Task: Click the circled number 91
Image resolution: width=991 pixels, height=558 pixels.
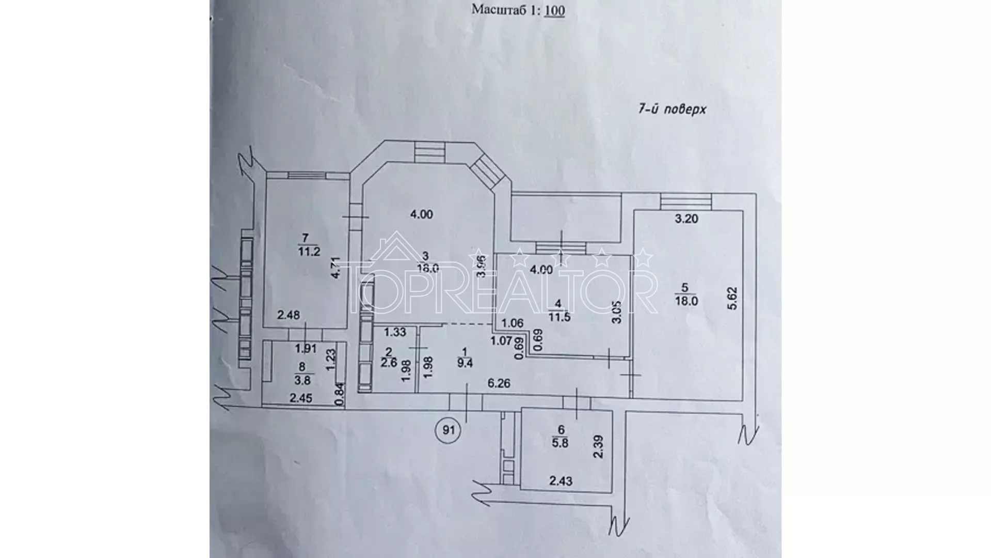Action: coord(448,429)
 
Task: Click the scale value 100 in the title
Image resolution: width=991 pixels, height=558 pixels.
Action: coord(554,10)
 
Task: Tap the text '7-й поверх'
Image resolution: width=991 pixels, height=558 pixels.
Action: coord(672,110)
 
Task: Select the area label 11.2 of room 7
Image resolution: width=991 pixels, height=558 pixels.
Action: coord(309,252)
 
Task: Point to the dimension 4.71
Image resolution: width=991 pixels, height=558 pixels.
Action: coord(336,268)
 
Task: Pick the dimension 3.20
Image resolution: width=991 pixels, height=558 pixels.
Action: coord(686,219)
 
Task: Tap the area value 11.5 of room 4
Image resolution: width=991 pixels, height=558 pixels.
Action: coord(560,317)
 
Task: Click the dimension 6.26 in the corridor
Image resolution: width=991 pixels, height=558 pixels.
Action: coord(499,383)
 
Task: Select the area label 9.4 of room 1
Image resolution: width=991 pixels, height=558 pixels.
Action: coord(465,363)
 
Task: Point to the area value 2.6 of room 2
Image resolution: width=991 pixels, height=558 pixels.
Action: coord(389,363)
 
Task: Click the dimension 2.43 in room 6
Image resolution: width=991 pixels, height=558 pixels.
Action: coord(561,481)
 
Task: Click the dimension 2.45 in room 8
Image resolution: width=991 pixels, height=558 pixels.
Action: coord(301,398)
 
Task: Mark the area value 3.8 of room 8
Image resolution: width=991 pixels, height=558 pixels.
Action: coord(303,380)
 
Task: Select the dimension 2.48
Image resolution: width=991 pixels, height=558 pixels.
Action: coord(289,315)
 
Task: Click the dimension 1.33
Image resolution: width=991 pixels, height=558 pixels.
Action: coord(395,332)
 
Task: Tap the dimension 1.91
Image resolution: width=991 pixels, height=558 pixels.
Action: coord(306,349)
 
